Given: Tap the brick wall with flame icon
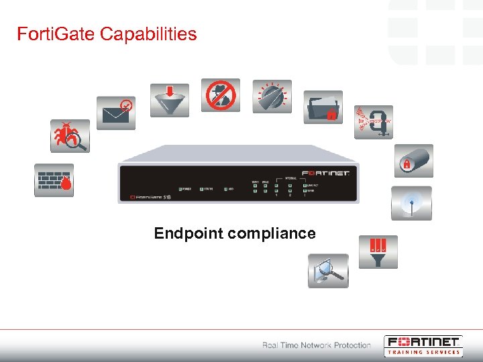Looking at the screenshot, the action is (54, 180).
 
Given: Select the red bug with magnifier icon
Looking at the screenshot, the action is (70, 137).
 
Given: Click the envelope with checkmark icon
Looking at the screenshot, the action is (115, 112).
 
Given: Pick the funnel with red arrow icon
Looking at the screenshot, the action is (169, 100).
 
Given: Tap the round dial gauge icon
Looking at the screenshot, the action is (272, 97).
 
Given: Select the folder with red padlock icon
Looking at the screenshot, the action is (323, 107).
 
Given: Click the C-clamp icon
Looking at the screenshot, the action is (373, 122).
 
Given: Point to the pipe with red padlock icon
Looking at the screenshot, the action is (413, 161).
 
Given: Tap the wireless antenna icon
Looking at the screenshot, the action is (411, 203).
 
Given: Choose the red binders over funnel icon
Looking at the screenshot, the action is (378, 251).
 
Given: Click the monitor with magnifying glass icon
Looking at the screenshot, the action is (328, 271).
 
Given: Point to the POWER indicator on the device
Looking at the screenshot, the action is (184, 189).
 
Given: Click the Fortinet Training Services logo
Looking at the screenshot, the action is (423, 345).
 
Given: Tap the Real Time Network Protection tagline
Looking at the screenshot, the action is (316, 345).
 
